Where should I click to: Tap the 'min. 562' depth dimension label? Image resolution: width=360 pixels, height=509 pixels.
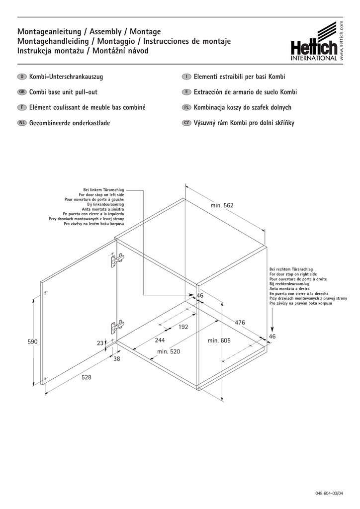coord(222,205)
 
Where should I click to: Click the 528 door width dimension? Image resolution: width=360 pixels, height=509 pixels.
coord(87,378)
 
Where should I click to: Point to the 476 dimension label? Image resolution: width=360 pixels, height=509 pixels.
coord(240,323)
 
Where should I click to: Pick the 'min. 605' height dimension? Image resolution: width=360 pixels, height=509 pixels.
coord(219,340)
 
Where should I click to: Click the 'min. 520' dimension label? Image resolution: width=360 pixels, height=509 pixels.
coord(169,351)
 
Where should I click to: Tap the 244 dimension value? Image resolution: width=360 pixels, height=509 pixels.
coord(160,340)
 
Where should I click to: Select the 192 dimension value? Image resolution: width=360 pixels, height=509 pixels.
coord(183,327)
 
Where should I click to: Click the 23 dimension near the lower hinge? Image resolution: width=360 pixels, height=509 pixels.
coord(100,343)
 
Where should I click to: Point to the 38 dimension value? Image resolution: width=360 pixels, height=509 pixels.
coord(116,358)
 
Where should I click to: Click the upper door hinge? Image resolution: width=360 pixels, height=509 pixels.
coord(117,259)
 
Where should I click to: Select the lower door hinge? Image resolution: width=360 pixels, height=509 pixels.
coord(116,327)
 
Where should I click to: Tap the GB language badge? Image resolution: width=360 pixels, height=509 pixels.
coord(22,92)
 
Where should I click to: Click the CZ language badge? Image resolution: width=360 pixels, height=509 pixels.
coord(186,123)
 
